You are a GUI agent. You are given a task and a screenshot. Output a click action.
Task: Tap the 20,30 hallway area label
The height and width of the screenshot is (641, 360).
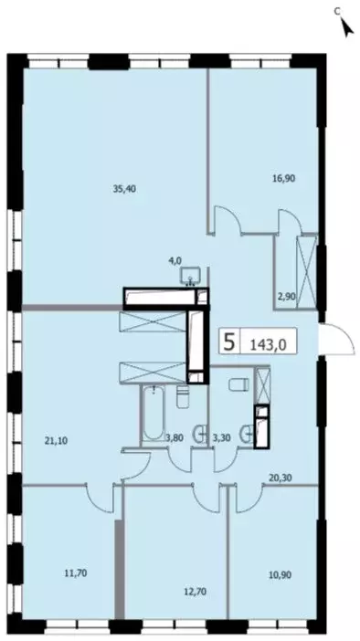(x=281, y=475)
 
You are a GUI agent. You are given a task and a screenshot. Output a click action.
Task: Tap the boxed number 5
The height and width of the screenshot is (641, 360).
(x=230, y=342)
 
